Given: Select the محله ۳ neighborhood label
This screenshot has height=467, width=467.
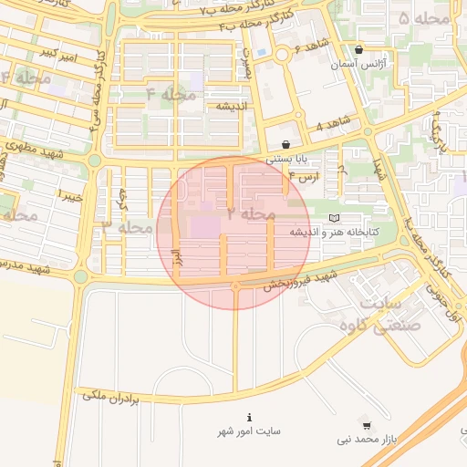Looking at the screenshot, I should coord(128,225).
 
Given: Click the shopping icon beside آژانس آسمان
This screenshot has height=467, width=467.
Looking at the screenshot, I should coord(358,50).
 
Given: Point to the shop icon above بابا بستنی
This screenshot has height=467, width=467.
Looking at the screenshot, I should coord(286,144).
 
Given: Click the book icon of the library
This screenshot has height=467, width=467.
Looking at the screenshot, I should coord(334,218).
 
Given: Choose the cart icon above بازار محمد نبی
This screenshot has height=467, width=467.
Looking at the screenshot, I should coord(367,425).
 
